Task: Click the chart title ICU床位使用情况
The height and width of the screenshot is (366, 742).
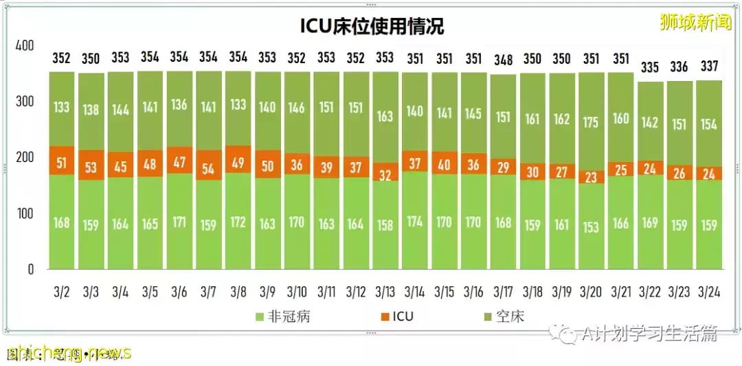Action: (x=372, y=26)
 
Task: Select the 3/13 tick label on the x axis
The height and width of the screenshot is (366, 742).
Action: (x=385, y=292)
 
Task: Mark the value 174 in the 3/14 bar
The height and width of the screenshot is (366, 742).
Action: (x=415, y=222)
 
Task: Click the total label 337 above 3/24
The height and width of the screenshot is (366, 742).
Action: (x=710, y=67)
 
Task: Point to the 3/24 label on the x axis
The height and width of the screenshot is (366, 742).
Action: (x=710, y=292)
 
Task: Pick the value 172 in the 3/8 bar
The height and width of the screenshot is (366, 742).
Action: (x=238, y=222)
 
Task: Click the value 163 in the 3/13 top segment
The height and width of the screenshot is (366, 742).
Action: (x=385, y=116)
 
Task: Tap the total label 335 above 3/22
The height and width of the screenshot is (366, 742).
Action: (x=651, y=67)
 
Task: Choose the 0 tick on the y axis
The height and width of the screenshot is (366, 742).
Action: (x=30, y=269)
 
